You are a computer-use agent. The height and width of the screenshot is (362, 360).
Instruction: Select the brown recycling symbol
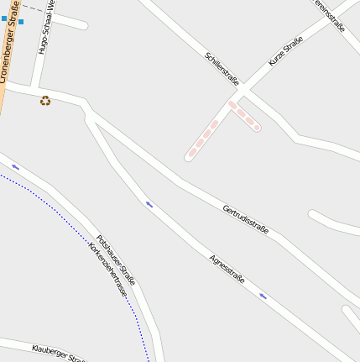point(45,101)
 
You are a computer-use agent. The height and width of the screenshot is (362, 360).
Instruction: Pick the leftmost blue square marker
point(3,18)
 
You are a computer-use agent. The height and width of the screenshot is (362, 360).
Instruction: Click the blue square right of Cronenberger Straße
point(21,22)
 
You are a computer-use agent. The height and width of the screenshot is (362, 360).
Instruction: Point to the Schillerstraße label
point(222,69)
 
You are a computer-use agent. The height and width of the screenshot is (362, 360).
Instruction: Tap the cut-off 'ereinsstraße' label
point(329,14)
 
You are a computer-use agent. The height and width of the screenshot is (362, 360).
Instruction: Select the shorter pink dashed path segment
point(244,116)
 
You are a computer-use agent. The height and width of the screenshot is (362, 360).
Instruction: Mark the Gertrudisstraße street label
point(246,218)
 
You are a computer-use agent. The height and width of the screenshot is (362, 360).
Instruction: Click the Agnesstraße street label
point(227,269)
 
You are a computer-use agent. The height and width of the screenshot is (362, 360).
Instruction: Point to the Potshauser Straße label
point(115,260)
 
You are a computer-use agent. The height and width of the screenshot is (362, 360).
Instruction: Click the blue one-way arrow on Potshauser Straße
point(16,167)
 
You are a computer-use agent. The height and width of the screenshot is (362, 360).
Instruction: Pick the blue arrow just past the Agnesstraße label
point(263,296)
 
